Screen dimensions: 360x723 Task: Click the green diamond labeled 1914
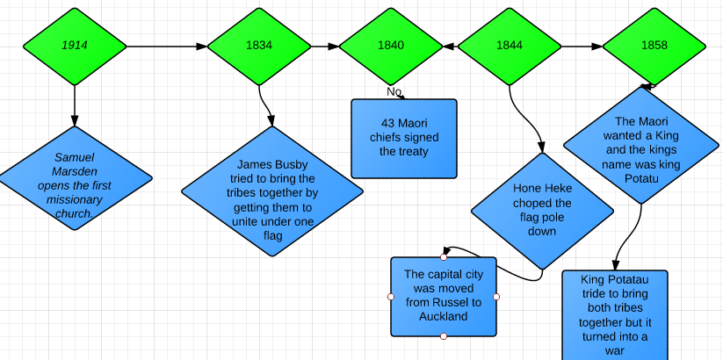pos(74,45)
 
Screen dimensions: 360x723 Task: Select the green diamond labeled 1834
pos(258,45)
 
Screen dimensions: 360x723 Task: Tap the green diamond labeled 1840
pos(390,45)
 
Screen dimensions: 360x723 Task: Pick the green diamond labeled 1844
pos(510,45)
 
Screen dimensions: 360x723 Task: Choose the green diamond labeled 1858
pos(654,45)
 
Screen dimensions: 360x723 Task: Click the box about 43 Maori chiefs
pos(404,138)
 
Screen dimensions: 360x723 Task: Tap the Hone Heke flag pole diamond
pos(542,211)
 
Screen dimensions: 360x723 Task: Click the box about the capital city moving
pos(444,297)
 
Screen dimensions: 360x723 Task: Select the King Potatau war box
pos(615,314)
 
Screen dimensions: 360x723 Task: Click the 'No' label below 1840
pos(394,91)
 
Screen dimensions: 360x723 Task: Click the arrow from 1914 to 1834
pos(167,45)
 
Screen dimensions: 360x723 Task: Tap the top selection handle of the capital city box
pos(444,257)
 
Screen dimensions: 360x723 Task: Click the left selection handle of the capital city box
pos(391,297)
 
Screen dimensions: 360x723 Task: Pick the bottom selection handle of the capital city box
pos(444,336)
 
